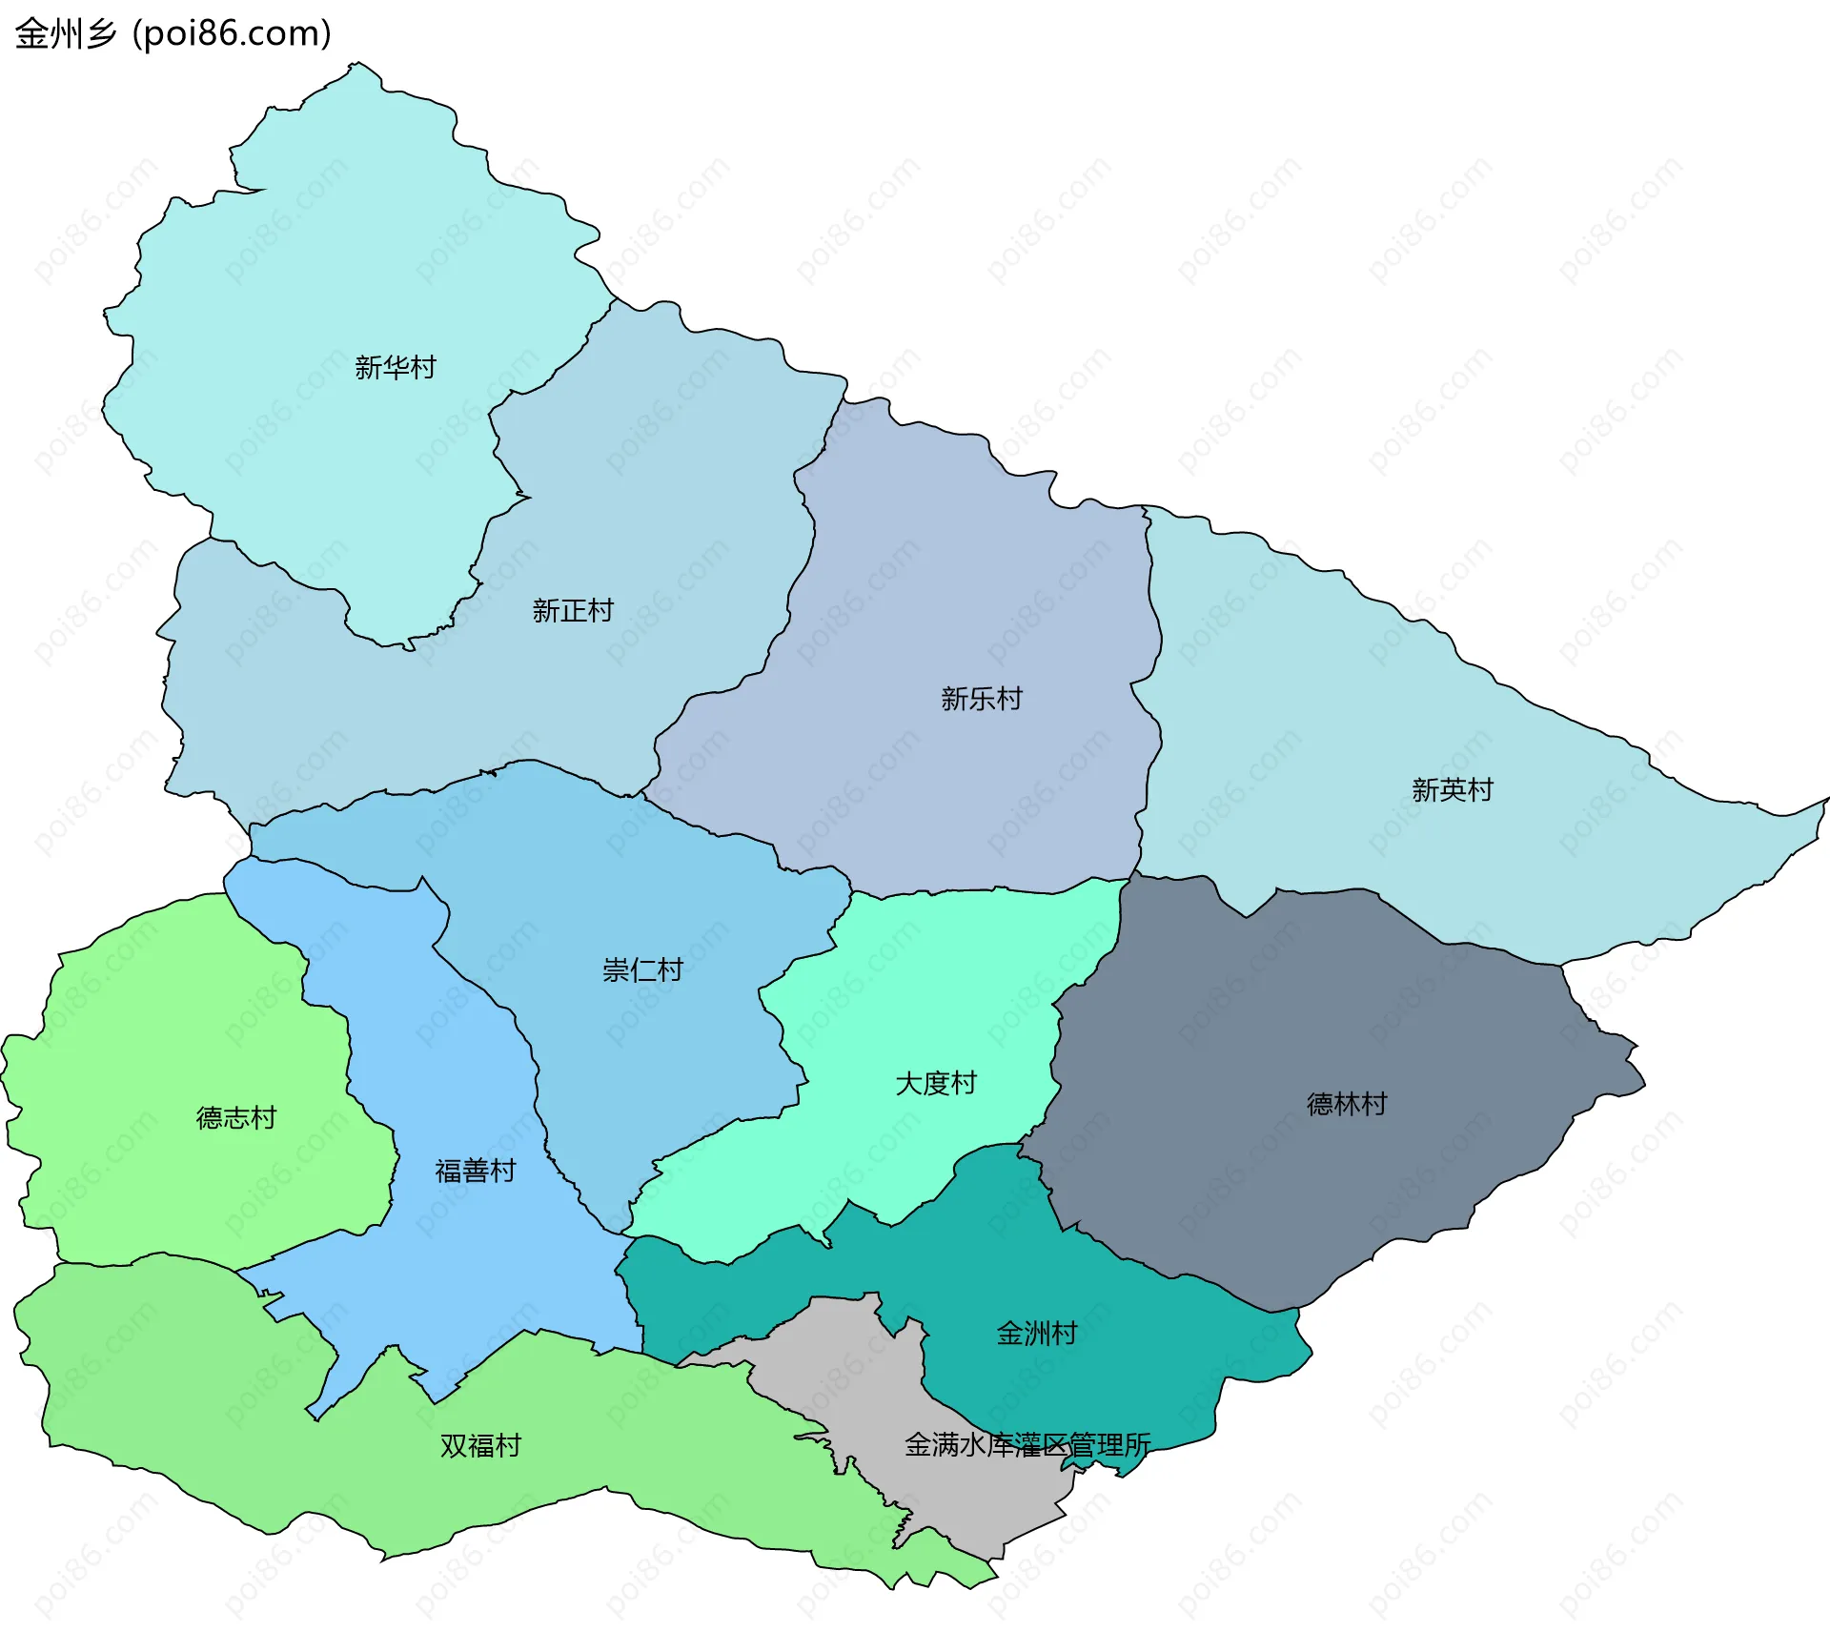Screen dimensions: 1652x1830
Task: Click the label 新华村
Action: click(395, 367)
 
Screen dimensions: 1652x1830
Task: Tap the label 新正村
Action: click(572, 611)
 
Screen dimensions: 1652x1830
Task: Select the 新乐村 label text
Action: click(981, 699)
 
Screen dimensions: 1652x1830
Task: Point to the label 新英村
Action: click(1452, 790)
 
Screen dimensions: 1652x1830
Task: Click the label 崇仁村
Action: click(642, 970)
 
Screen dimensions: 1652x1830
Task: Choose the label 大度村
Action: click(935, 1084)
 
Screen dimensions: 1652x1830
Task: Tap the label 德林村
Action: click(1346, 1105)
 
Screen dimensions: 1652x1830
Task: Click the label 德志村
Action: click(235, 1118)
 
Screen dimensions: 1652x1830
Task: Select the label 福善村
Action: click(475, 1171)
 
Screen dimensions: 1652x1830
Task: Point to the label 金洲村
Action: click(1036, 1334)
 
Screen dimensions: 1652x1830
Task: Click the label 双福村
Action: click(479, 1446)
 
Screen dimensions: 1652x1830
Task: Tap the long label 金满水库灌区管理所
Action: click(1027, 1445)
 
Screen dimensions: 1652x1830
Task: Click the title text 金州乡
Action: click(65, 34)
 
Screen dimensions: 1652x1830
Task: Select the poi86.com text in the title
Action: click(232, 34)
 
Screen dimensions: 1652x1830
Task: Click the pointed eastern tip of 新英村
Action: click(1824, 801)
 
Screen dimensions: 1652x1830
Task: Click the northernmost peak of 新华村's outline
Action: click(359, 65)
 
